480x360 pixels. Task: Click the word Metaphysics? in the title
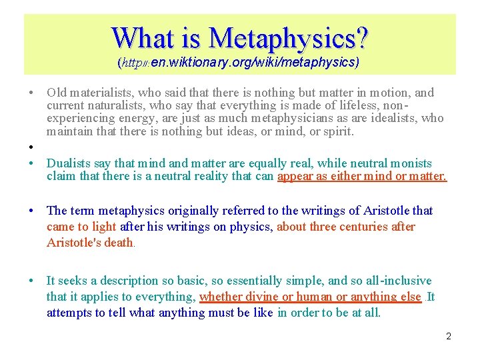pos(287,39)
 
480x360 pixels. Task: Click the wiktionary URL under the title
pos(239,63)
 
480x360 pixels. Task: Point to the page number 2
pos(449,336)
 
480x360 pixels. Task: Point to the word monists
pos(411,163)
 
